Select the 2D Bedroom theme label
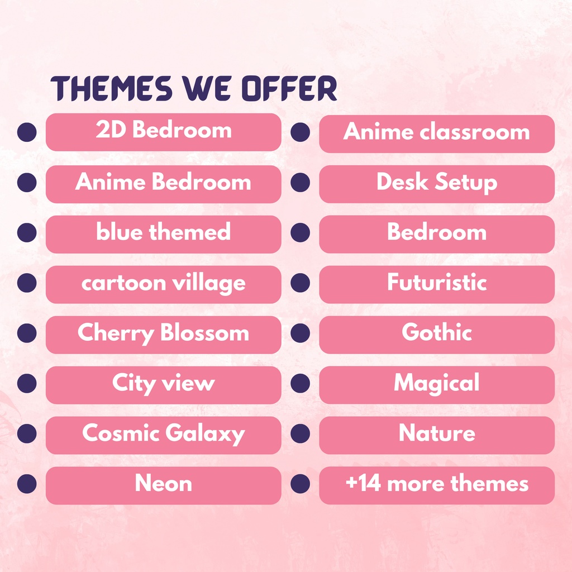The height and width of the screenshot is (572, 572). click(x=163, y=131)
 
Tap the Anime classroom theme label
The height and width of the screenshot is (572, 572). click(x=436, y=133)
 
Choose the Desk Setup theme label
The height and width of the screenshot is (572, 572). click(x=436, y=183)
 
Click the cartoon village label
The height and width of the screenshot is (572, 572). click(x=163, y=284)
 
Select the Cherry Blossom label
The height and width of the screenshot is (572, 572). click(x=163, y=334)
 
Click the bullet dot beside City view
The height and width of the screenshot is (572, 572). click(x=27, y=384)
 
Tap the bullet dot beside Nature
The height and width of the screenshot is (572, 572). click(x=300, y=434)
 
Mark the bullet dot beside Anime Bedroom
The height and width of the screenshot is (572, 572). click(x=27, y=183)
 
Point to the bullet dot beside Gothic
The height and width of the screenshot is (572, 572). click(x=300, y=333)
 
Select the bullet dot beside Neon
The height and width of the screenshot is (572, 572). click(x=27, y=484)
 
